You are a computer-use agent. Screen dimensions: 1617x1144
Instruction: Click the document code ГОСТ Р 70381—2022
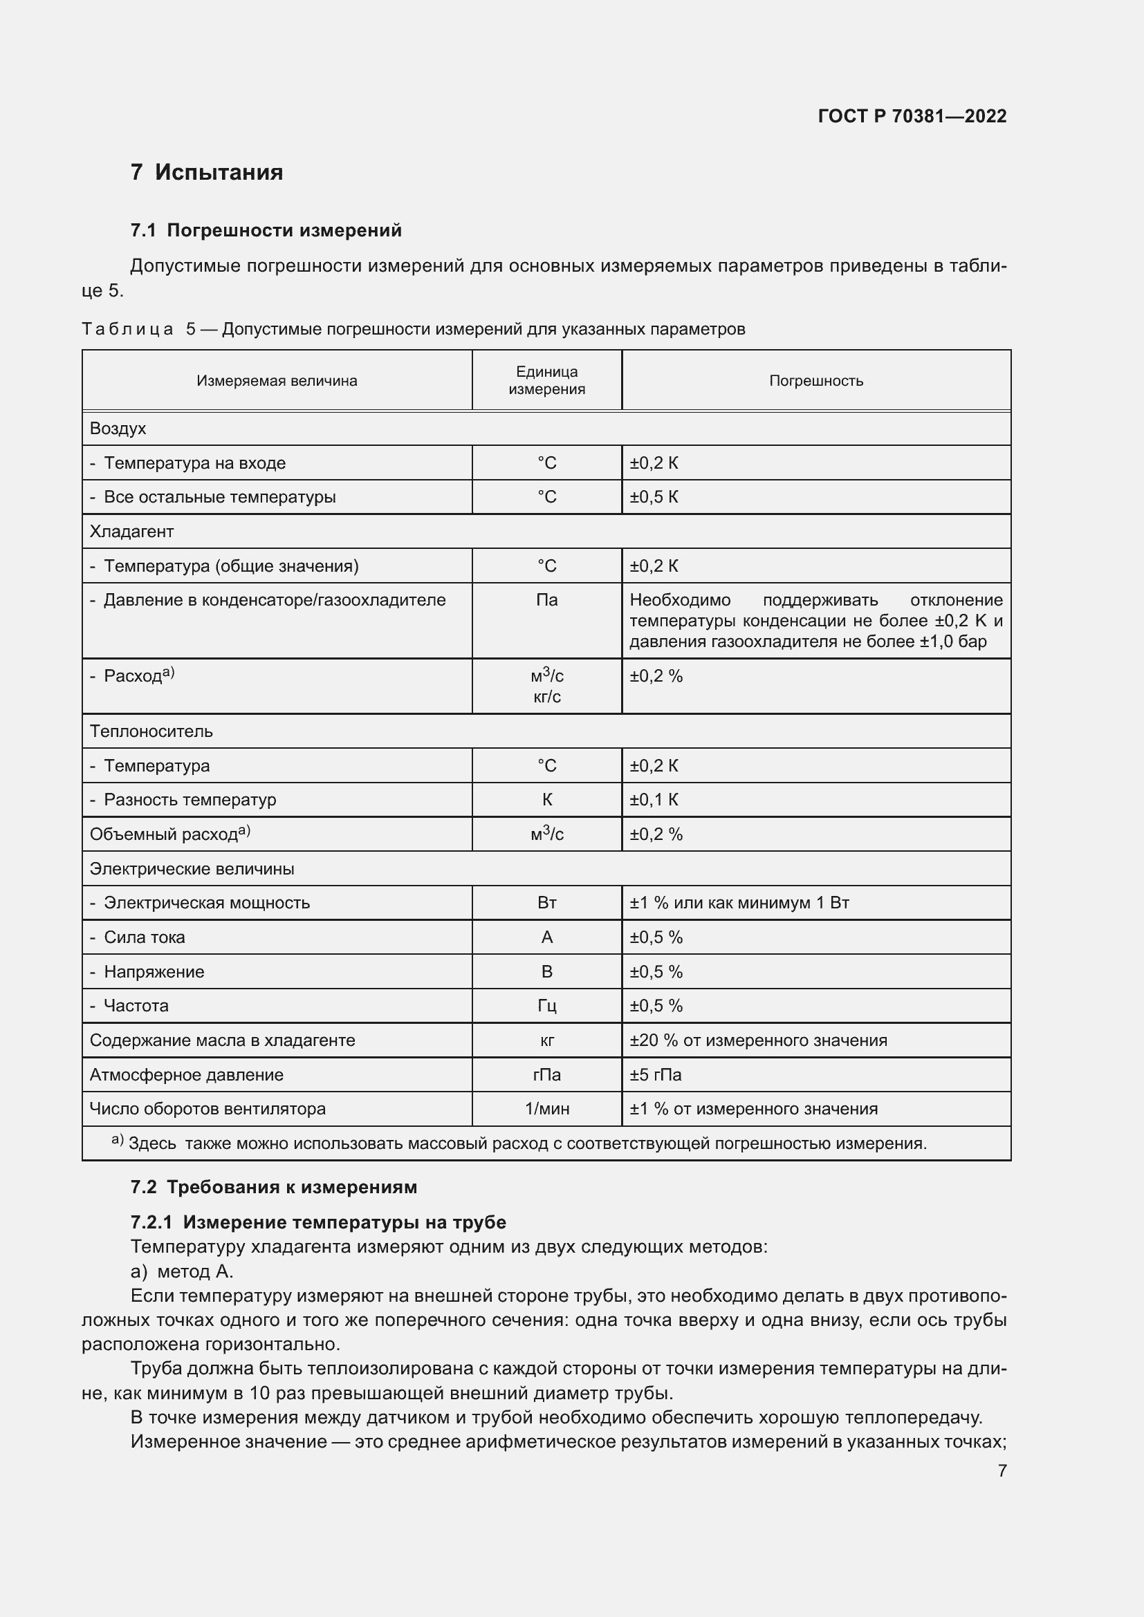[x=912, y=116]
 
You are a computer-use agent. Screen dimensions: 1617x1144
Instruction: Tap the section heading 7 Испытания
[x=206, y=173]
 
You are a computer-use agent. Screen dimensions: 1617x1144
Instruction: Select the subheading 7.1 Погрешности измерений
[x=266, y=230]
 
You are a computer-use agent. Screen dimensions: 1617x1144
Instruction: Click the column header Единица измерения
[x=546, y=380]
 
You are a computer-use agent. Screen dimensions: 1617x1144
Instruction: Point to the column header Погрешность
[x=815, y=381]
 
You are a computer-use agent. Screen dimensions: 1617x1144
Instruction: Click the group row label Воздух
[x=118, y=428]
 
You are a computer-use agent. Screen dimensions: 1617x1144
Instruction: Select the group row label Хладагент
[x=131, y=532]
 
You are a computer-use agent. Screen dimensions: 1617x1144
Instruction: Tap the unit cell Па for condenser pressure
[x=546, y=600]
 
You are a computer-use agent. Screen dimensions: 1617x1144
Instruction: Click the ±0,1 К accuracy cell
[x=654, y=800]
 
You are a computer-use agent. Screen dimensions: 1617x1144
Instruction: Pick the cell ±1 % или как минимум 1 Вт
[x=739, y=903]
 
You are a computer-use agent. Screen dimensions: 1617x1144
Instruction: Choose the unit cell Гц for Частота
[x=546, y=1006]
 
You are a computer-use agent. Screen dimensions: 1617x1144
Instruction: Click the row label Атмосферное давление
[x=186, y=1075]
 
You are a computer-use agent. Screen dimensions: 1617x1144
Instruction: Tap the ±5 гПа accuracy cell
[x=655, y=1075]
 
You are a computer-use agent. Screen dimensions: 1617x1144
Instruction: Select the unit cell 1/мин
[x=546, y=1108]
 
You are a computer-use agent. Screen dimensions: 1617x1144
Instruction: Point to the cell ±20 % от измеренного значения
[x=758, y=1040]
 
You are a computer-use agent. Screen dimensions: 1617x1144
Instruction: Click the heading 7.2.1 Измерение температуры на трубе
[x=317, y=1222]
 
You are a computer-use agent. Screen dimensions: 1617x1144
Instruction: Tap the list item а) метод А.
[x=182, y=1271]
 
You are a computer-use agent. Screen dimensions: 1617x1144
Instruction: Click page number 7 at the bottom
[x=1002, y=1470]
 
